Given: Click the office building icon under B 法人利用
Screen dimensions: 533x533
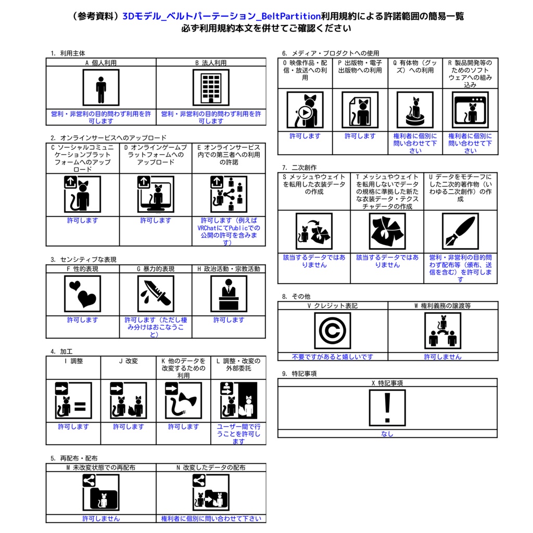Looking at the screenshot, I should (x=211, y=87).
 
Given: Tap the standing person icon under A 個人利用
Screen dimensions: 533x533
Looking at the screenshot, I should (x=101, y=87).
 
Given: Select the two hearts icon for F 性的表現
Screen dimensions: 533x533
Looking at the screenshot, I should (x=82, y=294).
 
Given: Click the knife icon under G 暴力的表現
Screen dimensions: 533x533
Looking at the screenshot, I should (x=156, y=294).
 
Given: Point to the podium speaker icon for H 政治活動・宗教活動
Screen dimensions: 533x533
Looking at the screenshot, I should (x=229, y=294).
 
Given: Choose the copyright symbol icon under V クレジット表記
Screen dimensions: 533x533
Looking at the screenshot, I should (x=332, y=331).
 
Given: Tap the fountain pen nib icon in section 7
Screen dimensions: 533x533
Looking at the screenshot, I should (x=460, y=231).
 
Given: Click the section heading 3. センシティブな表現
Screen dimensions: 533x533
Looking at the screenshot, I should (x=83, y=259).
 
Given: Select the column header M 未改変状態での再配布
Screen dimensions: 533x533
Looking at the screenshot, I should (x=101, y=468).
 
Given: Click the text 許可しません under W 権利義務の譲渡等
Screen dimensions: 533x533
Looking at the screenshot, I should (x=442, y=357).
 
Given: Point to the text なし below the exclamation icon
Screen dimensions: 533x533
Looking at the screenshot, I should (x=387, y=434).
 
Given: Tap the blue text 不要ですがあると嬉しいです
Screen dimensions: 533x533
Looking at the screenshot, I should (x=332, y=357).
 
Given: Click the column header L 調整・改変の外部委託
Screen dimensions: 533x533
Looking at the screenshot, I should (x=238, y=364).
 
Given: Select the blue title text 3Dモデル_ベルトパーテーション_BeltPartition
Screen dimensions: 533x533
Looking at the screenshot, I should (x=221, y=16).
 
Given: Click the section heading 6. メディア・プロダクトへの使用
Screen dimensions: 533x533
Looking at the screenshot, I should (x=331, y=53).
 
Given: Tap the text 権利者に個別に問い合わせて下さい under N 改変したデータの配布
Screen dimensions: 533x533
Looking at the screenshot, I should (x=211, y=518).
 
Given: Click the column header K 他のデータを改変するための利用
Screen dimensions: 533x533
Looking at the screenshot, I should (x=183, y=368).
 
